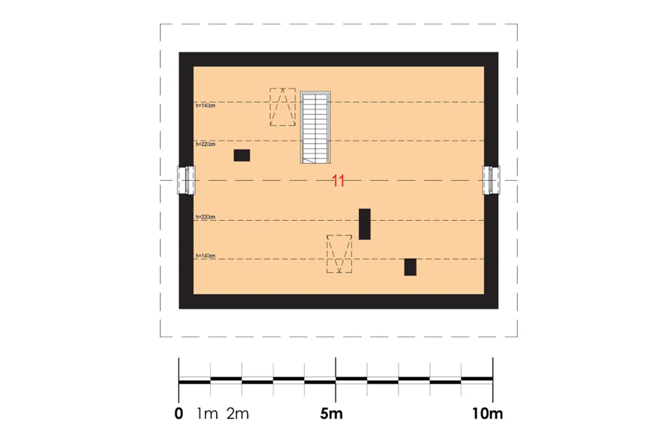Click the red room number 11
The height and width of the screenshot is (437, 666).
338,181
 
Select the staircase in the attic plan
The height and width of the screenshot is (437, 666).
315,127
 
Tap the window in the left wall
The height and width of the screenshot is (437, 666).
186,180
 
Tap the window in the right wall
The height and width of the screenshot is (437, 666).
491,180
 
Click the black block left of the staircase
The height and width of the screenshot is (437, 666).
242,156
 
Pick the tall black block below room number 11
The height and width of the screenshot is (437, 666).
365,224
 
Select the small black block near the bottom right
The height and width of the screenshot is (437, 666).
411,267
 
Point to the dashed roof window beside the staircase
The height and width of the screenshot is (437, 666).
283,107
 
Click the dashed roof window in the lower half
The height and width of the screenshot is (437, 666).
339,254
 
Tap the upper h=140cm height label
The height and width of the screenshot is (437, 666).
206,106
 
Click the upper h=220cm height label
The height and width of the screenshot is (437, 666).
206,144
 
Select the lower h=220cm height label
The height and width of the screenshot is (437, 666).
206,217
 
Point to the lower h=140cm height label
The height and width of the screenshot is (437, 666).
206,255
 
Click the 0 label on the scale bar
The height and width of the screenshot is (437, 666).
178,414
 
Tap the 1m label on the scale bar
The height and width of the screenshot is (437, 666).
207,414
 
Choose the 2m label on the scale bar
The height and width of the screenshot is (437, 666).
238,414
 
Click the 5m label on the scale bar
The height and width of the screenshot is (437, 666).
331,414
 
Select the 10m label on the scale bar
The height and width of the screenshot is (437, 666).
488,414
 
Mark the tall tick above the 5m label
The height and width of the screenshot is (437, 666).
336,380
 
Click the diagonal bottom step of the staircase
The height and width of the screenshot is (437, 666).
309,161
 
